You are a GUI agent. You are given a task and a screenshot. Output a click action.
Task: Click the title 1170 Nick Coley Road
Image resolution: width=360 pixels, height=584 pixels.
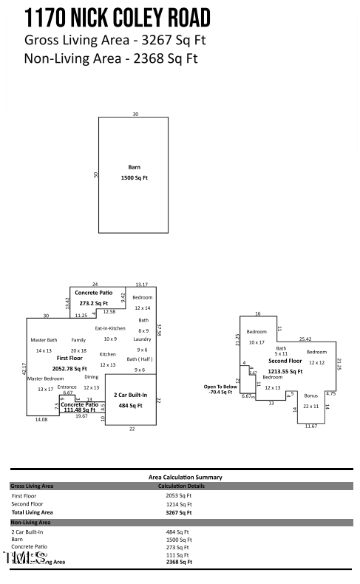pyautogui.click(x=117, y=18)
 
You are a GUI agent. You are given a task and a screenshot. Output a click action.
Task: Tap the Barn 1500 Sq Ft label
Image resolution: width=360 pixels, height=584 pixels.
pyautogui.click(x=134, y=173)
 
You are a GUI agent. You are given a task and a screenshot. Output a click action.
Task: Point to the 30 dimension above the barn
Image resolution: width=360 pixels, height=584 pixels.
pyautogui.click(x=135, y=114)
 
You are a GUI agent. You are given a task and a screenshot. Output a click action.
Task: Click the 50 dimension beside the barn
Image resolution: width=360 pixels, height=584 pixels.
pyautogui.click(x=95, y=174)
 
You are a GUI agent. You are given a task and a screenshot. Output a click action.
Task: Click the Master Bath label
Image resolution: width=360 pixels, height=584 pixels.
pyautogui.click(x=44, y=340)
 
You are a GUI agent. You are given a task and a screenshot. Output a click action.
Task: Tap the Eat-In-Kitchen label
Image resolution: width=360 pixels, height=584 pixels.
pyautogui.click(x=110, y=328)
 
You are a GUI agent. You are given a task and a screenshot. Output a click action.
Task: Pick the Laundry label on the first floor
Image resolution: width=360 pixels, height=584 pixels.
pyautogui.click(x=143, y=339)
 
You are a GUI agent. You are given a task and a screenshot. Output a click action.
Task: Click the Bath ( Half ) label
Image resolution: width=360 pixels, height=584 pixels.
pyautogui.click(x=140, y=359)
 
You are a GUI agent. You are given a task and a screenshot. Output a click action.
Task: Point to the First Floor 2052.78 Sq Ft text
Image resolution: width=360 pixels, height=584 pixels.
pyautogui.click(x=69, y=362)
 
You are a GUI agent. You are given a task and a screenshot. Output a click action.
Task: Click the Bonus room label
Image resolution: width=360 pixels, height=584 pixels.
pyautogui.click(x=310, y=396)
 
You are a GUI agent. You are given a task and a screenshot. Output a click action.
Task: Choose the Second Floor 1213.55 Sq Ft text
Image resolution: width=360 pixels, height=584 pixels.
pyautogui.click(x=285, y=366)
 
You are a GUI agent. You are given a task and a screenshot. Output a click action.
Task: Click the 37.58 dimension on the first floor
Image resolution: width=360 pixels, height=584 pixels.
pyautogui.click(x=159, y=329)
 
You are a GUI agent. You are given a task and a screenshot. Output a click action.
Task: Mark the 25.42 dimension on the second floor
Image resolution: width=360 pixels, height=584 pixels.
pyautogui.click(x=305, y=339)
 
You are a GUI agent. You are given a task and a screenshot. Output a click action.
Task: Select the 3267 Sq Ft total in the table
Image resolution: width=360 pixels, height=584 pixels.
pyautogui.click(x=178, y=512)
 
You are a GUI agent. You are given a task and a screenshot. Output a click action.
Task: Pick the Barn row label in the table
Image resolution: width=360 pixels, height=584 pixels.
pyautogui.click(x=17, y=540)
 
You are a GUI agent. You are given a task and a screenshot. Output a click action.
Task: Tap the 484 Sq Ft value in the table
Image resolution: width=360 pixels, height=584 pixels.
pyautogui.click(x=177, y=532)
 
